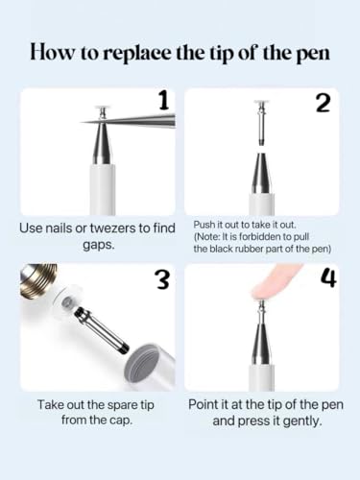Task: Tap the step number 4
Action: (328, 278)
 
